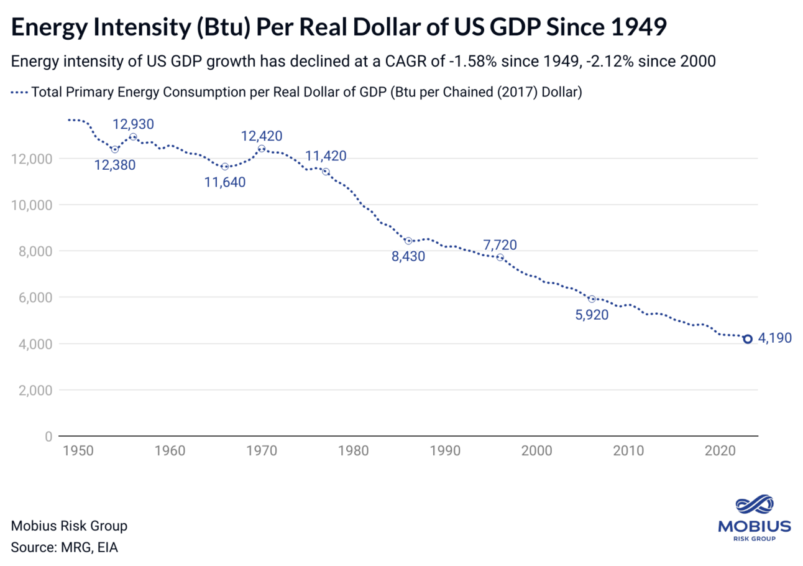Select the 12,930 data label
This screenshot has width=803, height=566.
[x=133, y=124]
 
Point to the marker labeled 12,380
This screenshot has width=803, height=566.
[x=115, y=149]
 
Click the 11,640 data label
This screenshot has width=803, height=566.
[x=226, y=182]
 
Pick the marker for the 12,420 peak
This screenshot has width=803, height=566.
[x=262, y=149]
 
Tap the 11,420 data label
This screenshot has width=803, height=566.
[x=326, y=155]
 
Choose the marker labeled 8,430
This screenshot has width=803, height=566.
[x=408, y=241]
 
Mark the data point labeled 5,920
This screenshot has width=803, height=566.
[x=592, y=299]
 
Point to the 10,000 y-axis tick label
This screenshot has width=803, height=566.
[x=31, y=205]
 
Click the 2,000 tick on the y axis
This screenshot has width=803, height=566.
[x=34, y=391]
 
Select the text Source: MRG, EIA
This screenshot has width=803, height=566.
[x=64, y=548]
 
